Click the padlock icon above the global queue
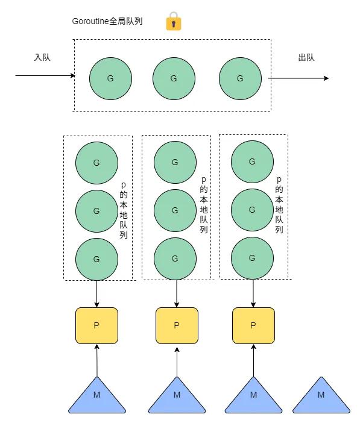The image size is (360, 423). click(x=174, y=22)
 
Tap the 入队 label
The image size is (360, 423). click(x=42, y=58)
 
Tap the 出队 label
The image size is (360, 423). click(x=306, y=58)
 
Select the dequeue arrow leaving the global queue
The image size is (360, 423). click(x=298, y=78)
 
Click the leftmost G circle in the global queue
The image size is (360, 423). click(x=110, y=78)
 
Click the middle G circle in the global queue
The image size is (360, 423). click(x=174, y=78)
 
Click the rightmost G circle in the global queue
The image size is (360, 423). click(x=240, y=78)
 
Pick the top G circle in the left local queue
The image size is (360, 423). click(x=96, y=163)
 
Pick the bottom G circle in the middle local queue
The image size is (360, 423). click(x=175, y=258)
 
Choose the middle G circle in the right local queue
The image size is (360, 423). click(x=252, y=209)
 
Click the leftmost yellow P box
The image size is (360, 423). click(x=96, y=325)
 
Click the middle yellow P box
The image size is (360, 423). click(x=177, y=325)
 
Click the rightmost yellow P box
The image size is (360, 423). click(x=253, y=325)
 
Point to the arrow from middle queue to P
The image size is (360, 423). click(x=177, y=293)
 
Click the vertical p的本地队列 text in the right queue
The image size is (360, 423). click(x=279, y=205)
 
